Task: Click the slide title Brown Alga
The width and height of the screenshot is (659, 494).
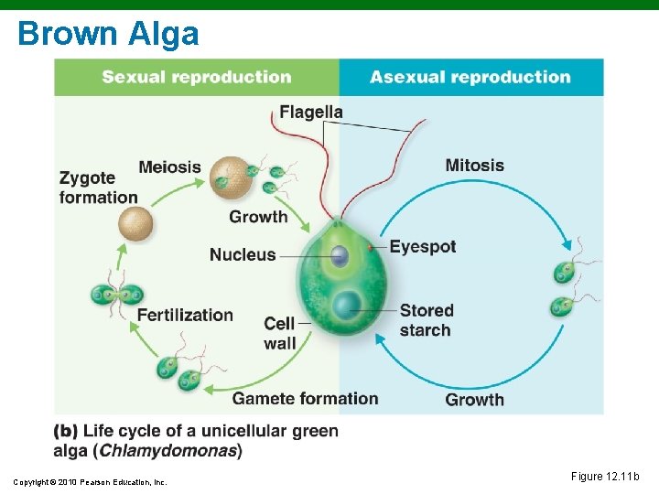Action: pyautogui.click(x=108, y=34)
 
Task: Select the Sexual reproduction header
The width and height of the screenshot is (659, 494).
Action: pyautogui.click(x=197, y=77)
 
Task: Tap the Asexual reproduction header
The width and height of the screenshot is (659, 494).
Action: pyautogui.click(x=470, y=77)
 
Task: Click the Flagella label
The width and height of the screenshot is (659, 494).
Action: pyautogui.click(x=311, y=113)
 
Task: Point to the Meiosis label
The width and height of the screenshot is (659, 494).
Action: pyautogui.click(x=169, y=166)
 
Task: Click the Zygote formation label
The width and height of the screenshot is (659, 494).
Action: pyautogui.click(x=99, y=188)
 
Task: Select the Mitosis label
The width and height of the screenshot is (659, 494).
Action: pyautogui.click(x=474, y=166)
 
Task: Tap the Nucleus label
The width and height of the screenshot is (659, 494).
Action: pyautogui.click(x=243, y=254)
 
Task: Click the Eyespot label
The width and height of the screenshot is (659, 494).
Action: pyautogui.click(x=422, y=246)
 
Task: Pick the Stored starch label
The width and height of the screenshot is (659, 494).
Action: pyautogui.click(x=426, y=320)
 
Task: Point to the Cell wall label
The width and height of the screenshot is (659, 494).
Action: pyautogui.click(x=279, y=333)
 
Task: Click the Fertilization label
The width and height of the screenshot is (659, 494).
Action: pyautogui.click(x=185, y=315)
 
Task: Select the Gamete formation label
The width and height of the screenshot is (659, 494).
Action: pyautogui.click(x=305, y=398)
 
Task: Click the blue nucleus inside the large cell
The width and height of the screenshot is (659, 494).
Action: pyautogui.click(x=340, y=256)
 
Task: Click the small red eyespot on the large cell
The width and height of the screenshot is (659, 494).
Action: pyautogui.click(x=370, y=247)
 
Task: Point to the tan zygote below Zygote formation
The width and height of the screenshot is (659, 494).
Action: pyautogui.click(x=136, y=223)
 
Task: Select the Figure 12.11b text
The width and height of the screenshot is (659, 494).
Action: pyautogui.click(x=605, y=476)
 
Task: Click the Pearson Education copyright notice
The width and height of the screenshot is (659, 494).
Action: pyautogui.click(x=90, y=482)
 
